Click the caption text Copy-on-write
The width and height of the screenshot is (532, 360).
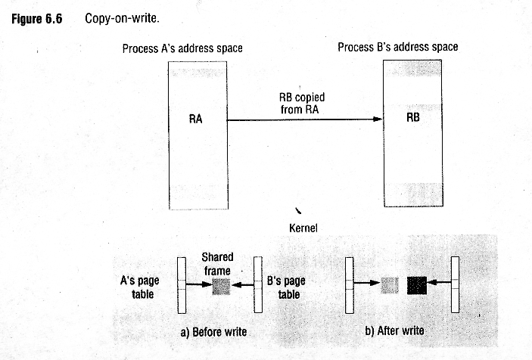click(122, 18)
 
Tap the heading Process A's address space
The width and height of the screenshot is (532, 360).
click(182, 48)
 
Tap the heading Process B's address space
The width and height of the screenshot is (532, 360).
click(397, 47)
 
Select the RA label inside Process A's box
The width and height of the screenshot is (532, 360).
click(195, 119)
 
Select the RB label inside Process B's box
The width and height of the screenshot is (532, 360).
click(413, 117)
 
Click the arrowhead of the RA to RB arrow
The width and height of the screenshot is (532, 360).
click(378, 119)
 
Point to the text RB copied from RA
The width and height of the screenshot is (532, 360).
click(301, 104)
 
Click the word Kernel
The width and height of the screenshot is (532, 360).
click(303, 228)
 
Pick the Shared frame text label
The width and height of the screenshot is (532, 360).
click(217, 264)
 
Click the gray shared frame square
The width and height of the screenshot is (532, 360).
click(221, 287)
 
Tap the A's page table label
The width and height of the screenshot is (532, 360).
click(140, 287)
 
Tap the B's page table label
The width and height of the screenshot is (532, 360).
click(286, 287)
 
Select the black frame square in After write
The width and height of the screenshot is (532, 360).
click(417, 285)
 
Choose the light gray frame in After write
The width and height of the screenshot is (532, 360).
click(390, 285)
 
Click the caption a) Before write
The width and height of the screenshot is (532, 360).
click(213, 332)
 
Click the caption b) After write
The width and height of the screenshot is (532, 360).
click(394, 331)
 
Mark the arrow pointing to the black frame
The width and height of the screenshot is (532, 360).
click(439, 281)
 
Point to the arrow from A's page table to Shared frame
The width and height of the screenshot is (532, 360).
click(199, 284)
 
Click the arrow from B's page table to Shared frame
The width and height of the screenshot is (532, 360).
click(243, 284)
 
